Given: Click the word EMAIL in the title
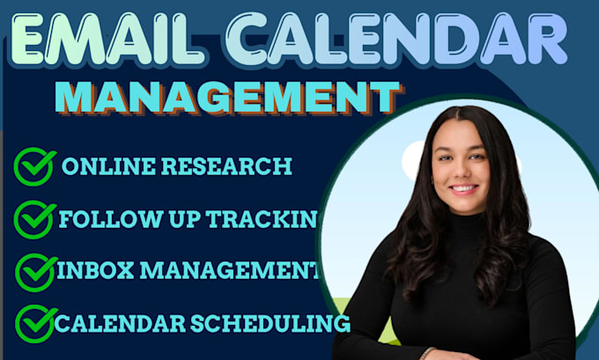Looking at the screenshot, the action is [x=107, y=39].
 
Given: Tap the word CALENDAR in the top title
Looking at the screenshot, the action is [x=396, y=39].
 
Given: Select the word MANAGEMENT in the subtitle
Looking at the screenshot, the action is [x=228, y=97].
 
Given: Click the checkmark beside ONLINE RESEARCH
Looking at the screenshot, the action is [x=34, y=166].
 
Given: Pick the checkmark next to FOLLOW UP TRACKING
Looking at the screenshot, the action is [x=34, y=219].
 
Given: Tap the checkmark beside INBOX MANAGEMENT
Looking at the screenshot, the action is [x=36, y=272].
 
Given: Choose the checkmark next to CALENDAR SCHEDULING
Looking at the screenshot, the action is [x=36, y=324].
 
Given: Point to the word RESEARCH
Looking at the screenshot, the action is [x=226, y=166].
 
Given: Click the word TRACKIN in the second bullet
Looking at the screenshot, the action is [x=262, y=219].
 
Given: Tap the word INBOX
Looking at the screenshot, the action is [x=95, y=270].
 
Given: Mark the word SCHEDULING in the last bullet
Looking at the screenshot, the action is [x=270, y=324].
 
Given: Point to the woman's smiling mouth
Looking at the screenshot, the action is [x=463, y=188].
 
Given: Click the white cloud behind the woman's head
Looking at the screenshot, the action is [x=415, y=160].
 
